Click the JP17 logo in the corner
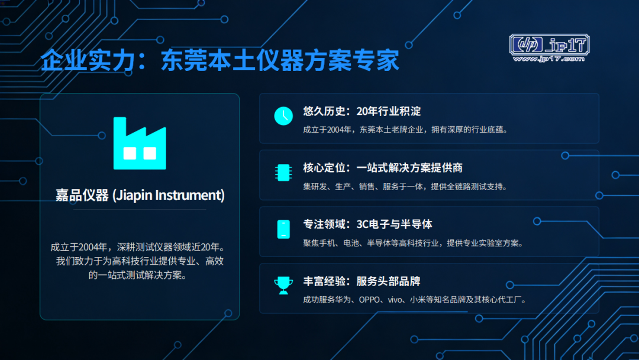coord(549,48)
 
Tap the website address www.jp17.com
coord(548,59)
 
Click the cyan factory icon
coord(140,143)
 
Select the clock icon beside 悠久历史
coord(283,116)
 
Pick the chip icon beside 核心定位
coord(283,172)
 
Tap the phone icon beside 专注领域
coord(283,229)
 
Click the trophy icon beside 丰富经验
coord(283,285)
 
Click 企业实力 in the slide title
coord(88,60)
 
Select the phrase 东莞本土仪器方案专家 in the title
coord(280,60)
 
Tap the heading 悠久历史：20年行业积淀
coord(362,111)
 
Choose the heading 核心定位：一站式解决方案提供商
coord(383,168)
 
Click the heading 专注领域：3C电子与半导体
coord(367,224)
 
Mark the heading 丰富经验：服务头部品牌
coord(362,281)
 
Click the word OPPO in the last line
coord(369,300)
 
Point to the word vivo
coord(395,300)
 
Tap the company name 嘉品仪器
coord(82,195)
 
